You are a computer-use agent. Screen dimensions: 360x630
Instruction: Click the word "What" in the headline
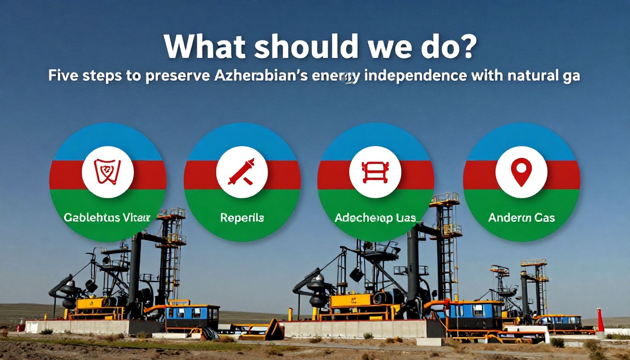[x=204, y=47]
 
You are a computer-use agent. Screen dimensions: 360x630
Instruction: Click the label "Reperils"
[x=242, y=218]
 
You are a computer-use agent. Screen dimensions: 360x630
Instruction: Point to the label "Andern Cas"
[x=521, y=218]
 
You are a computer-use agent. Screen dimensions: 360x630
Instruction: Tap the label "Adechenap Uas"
[x=375, y=218]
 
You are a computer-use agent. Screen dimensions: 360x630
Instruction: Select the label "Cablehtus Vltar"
[x=107, y=218]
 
